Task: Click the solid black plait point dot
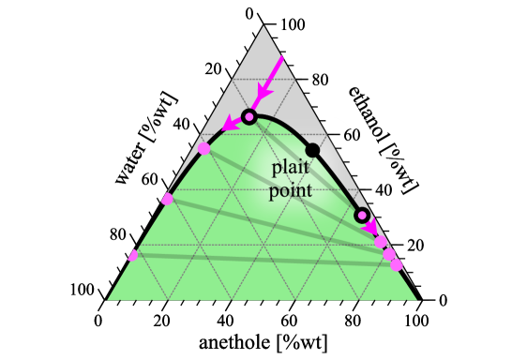coord(312,150)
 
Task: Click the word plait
coord(290,168)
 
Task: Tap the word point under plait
coord(290,190)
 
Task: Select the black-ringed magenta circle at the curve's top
coord(248,116)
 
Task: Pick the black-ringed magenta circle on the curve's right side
coord(362,215)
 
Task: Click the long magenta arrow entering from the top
coord(270,81)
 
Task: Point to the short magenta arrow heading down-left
coord(232,123)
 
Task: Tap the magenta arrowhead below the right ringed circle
coord(371,228)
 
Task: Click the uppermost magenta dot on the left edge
coord(203,148)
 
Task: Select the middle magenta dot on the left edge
coord(167,199)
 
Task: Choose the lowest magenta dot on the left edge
coord(133,255)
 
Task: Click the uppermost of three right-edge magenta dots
coord(381,242)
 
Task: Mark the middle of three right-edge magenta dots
coord(389,254)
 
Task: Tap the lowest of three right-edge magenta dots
coord(397,265)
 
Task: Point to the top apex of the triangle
coord(263,26)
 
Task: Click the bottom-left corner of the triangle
coord(107,300)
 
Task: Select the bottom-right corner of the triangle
coord(418,300)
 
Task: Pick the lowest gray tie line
coord(263,259)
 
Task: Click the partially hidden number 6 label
coord(348,136)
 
